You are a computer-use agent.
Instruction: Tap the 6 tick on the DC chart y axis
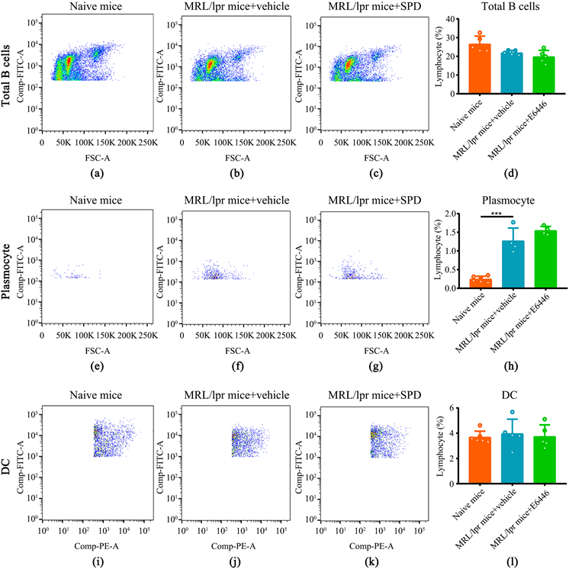coord(436,409)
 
